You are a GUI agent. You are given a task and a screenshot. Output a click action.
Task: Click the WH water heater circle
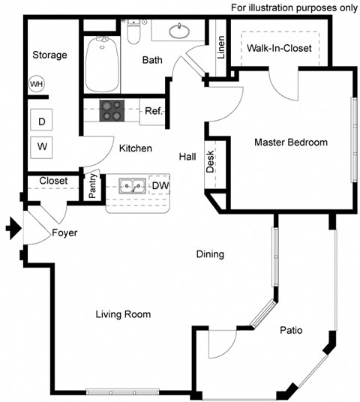coord(37,84)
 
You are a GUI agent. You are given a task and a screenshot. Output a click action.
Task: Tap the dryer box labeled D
coord(42,120)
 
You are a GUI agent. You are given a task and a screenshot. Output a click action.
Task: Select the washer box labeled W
coord(42,145)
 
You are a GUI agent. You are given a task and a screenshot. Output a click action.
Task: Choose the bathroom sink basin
coord(178,31)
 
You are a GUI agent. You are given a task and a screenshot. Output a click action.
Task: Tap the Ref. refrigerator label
coord(154,111)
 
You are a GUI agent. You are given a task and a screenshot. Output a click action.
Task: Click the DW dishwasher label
coord(160,185)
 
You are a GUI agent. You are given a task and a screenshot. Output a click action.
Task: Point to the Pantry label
coord(93,187)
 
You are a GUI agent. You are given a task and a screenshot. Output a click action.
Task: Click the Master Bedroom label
coord(291,142)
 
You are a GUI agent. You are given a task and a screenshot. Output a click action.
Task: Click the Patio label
coord(291,329)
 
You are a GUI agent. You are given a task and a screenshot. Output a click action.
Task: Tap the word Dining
coord(210,253)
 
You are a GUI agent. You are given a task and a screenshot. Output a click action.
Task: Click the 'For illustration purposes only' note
coord(293,7)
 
